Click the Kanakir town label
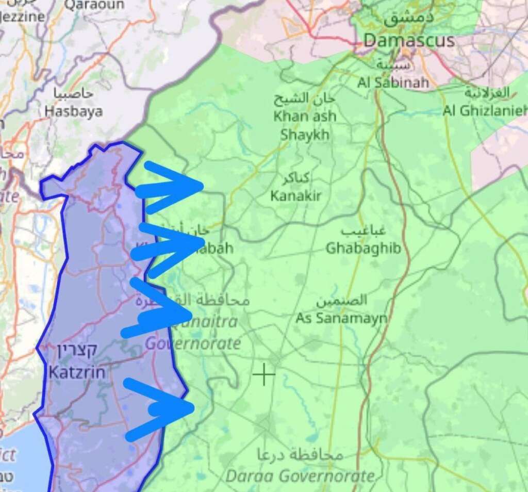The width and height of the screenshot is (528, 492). pyautogui.click(x=296, y=195)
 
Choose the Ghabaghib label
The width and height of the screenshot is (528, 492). pyautogui.click(x=363, y=248)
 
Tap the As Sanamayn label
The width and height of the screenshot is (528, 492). pyautogui.click(x=341, y=318)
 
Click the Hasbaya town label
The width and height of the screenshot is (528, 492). pyautogui.click(x=73, y=111)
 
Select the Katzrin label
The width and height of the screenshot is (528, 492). pyautogui.click(x=77, y=372)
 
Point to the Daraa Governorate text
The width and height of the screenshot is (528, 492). pyautogui.click(x=300, y=476)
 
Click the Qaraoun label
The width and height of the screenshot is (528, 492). pyautogui.click(x=94, y=5)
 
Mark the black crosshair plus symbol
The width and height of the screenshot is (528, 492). pyautogui.click(x=264, y=374)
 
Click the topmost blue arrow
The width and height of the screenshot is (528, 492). pyautogui.click(x=170, y=186)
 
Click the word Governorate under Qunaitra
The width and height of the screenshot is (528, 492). pyautogui.click(x=193, y=343)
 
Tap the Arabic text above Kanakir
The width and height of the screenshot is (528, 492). pyautogui.click(x=296, y=179)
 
